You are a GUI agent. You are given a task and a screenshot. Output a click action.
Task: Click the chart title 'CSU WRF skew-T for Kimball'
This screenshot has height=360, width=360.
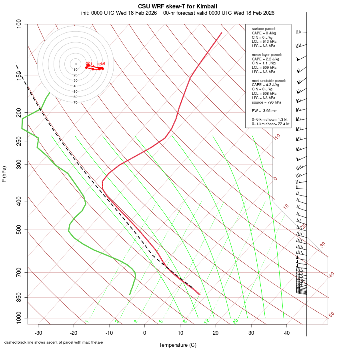178,6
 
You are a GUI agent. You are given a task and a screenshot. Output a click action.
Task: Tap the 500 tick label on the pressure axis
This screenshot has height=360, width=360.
18,230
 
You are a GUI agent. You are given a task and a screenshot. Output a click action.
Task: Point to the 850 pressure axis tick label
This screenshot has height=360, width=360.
18,297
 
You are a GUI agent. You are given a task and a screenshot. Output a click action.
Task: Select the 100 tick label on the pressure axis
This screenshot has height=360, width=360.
18,24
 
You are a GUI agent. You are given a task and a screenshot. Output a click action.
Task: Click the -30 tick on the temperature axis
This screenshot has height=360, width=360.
38,333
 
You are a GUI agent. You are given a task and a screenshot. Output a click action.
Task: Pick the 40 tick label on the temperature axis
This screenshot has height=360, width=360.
286,333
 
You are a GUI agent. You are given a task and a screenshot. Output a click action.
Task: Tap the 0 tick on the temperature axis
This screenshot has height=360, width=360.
145,333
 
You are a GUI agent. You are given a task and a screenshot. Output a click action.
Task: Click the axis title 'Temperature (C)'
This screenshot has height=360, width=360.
178,345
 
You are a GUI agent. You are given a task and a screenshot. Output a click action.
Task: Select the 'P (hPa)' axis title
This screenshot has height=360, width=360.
4,174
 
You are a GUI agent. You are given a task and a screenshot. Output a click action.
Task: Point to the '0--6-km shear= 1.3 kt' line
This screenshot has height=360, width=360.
270,119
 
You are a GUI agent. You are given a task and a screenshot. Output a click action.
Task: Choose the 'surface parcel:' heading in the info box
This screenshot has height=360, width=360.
264,29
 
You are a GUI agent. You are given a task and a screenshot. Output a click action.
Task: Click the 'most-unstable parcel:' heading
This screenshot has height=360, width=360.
269,80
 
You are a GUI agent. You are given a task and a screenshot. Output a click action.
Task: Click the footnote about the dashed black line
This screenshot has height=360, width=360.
54,342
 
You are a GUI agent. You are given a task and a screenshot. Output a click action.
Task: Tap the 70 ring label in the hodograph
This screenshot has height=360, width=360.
75,102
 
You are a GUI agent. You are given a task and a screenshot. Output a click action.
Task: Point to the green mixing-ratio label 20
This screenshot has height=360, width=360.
235,321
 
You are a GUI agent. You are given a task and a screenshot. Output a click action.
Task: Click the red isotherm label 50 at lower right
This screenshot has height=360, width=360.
331,314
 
